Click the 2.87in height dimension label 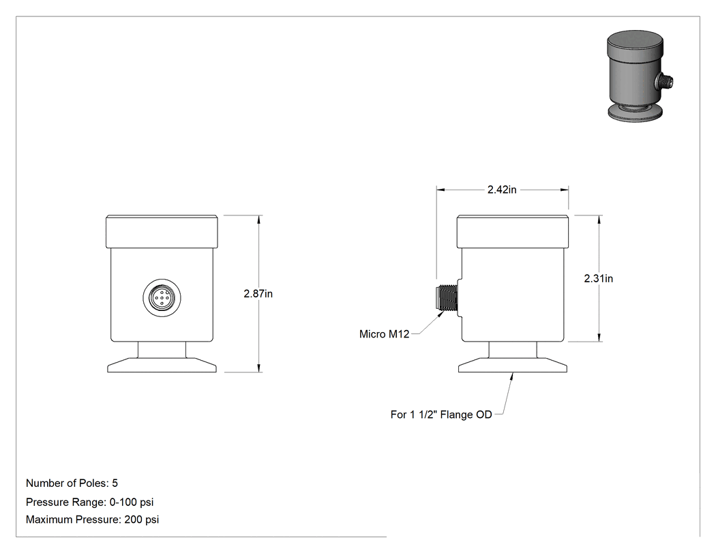(258, 294)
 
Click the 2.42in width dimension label (502, 190)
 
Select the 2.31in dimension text (599, 278)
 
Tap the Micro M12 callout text (384, 334)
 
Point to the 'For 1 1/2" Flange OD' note (441, 415)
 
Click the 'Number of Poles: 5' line (72, 483)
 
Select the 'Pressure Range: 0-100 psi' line (89, 503)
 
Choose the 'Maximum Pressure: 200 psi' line (92, 520)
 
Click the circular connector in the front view (162, 298)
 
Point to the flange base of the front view (162, 365)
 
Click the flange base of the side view (513, 365)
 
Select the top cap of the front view (162, 232)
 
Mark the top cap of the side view (513, 232)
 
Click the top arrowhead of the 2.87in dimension (259, 219)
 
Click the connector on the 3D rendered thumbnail (664, 83)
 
